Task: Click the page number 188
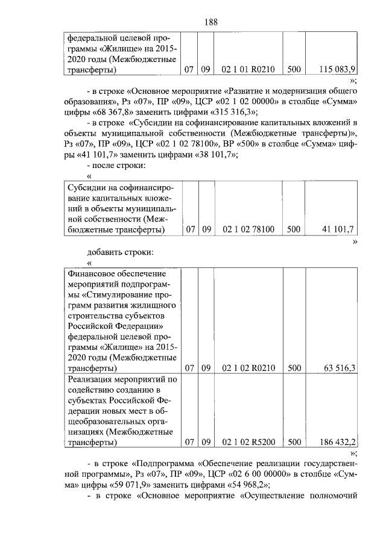210,22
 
